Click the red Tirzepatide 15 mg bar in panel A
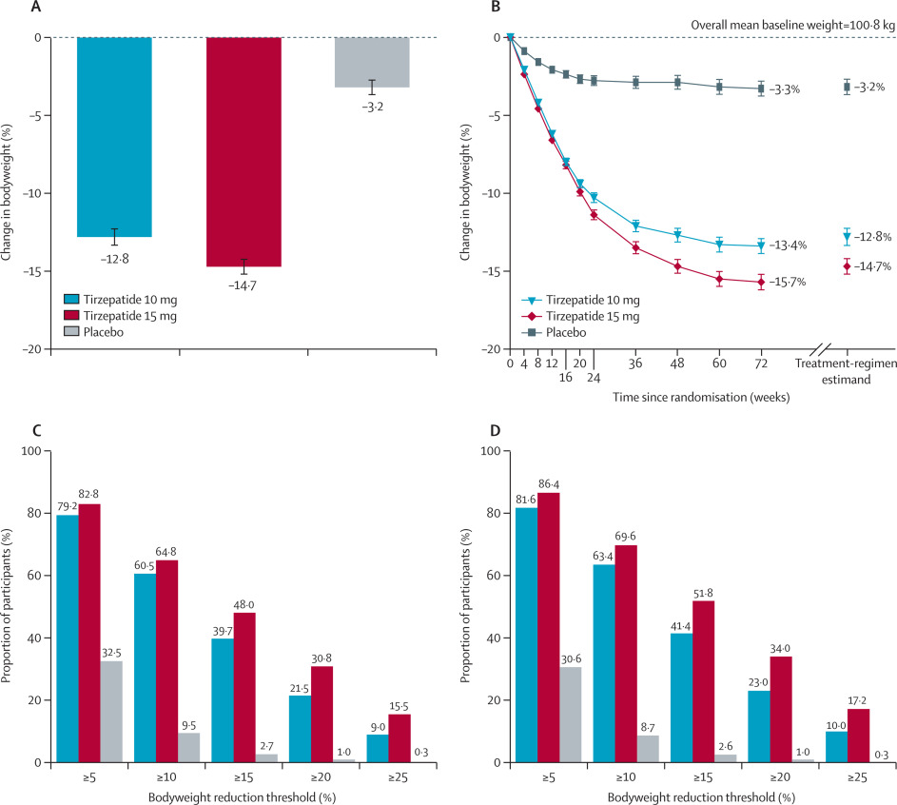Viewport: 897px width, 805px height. [243, 152]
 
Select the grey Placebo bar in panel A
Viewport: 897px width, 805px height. [372, 63]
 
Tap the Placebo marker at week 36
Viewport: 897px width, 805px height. [635, 82]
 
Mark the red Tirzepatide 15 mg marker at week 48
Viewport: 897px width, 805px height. [678, 266]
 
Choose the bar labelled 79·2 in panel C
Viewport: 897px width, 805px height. [68, 638]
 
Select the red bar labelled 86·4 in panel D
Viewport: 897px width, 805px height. [550, 627]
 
